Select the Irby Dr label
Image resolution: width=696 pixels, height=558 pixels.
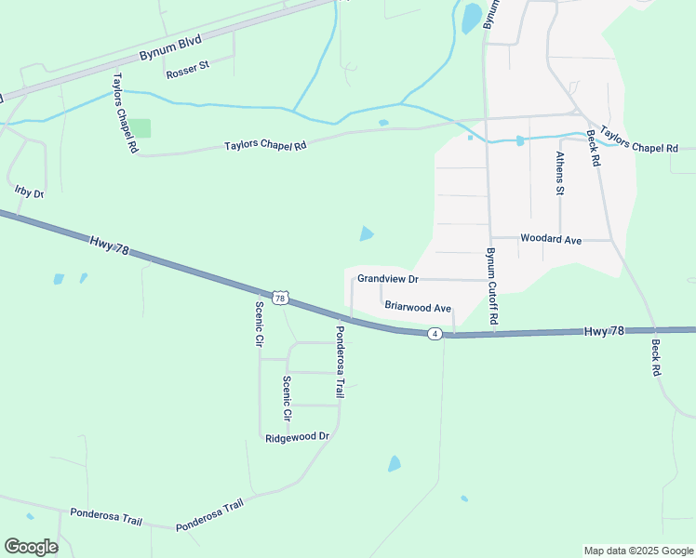30,192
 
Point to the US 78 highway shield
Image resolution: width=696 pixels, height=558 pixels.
280,298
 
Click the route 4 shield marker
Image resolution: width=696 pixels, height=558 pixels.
435,333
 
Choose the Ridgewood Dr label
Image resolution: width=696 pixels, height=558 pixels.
298,436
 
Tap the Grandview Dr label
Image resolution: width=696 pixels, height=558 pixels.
389,279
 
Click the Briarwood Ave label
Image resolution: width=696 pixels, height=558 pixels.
418,307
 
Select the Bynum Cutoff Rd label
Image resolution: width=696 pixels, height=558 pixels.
493,286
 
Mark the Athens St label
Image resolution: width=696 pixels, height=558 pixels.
560,174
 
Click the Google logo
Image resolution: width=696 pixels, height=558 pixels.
31,546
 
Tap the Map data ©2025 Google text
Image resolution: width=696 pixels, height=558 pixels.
637,551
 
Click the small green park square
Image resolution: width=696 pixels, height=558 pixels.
140,128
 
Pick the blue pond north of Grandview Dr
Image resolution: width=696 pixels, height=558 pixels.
367,233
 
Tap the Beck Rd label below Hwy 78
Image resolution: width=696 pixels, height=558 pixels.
655,357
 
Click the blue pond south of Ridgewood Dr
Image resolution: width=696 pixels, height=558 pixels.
395,463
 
